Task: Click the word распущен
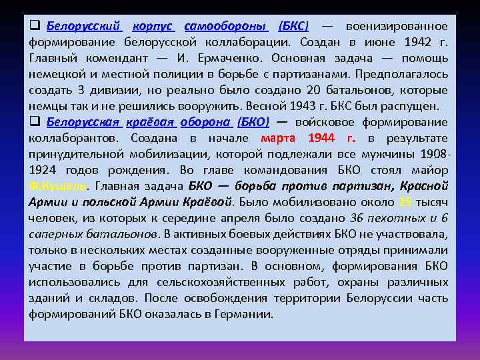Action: tap(413, 107)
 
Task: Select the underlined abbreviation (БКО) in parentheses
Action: tap(253, 123)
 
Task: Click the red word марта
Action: tap(279, 139)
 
